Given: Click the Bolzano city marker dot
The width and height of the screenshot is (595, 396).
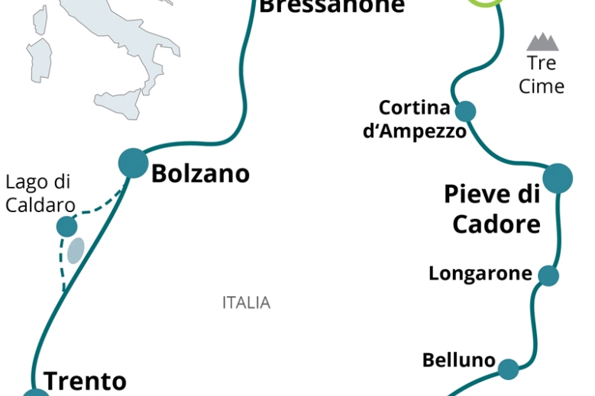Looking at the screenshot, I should coord(133,163).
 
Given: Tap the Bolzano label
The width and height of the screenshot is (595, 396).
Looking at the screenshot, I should coord(200,173).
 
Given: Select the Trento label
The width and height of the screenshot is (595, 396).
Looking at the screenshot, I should coord(84,381).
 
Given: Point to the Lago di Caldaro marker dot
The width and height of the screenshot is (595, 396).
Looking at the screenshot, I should coord(67,226).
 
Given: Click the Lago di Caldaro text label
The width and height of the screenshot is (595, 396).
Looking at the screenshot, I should coord(40,194).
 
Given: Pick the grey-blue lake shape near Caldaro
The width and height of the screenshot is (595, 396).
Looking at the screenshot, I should coord(75,250).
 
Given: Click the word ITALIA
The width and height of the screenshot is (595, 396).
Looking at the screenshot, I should coord(246,303).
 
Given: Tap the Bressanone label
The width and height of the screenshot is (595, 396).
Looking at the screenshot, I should coord(331,7).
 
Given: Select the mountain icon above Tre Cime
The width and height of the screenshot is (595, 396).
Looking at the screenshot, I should coord(542,42).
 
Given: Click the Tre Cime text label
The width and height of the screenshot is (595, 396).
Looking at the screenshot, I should coord(542,75).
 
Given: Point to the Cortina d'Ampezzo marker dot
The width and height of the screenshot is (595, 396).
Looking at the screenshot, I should coord(465,111).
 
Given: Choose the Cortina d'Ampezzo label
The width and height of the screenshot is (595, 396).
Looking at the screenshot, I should coord(414,119).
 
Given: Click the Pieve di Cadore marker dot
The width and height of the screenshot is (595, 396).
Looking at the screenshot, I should coord(558,178).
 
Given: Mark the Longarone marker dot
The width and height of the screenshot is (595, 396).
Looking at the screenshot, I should coord(548,275).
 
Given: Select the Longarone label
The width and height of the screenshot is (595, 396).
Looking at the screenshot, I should coord(480,273).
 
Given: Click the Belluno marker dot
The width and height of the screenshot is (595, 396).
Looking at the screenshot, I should coord(508,370).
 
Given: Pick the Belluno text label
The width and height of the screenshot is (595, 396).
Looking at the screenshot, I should coord(459,360).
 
